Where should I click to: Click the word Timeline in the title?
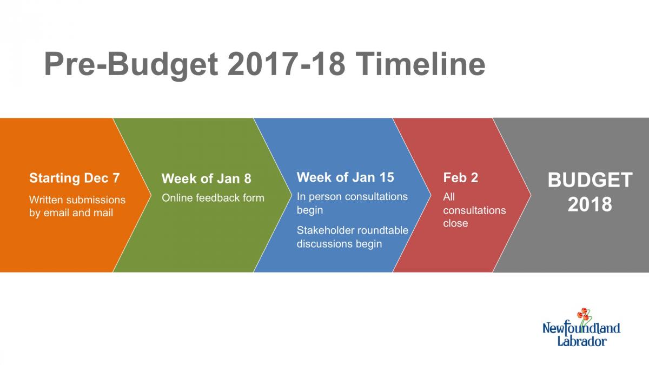click(420, 64)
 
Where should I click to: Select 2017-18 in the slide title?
click(286, 64)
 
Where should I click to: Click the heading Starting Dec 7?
click(75, 178)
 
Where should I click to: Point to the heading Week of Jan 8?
click(206, 178)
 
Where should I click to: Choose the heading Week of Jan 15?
click(346, 177)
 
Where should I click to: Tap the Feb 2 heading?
click(460, 177)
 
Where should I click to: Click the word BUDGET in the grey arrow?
click(590, 180)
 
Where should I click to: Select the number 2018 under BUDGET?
click(590, 204)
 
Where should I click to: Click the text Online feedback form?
click(213, 198)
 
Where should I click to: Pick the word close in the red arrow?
click(455, 223)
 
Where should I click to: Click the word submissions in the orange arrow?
click(97, 200)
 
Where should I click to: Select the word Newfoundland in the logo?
click(581, 329)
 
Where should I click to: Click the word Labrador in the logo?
click(582, 341)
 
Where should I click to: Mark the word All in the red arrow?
click(449, 197)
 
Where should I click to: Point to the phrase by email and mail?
click(71, 213)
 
